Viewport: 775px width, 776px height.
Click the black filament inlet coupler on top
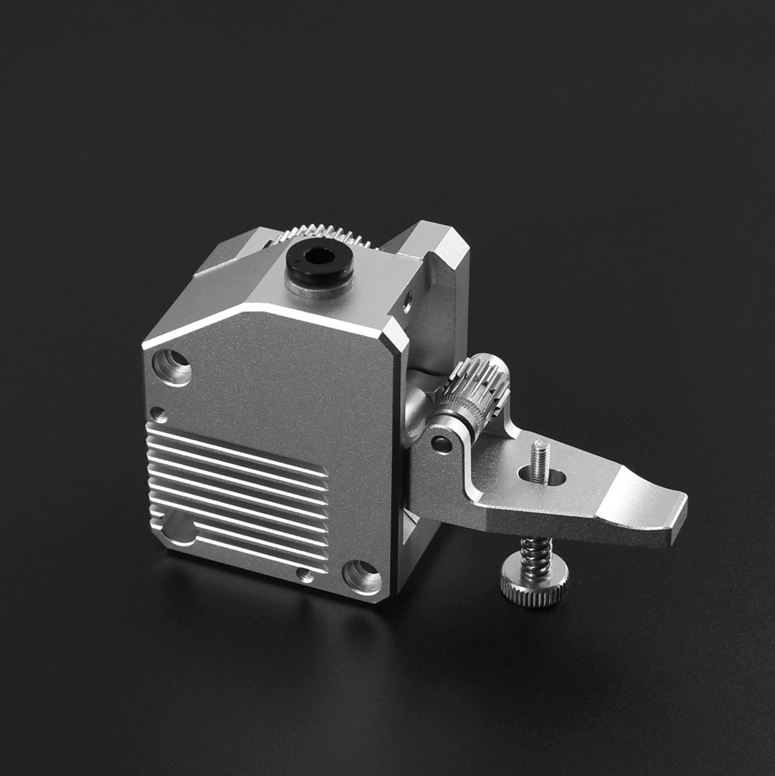[x=319, y=263]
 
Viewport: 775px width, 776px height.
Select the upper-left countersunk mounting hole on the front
[x=171, y=366]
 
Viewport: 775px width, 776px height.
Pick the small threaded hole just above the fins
[x=158, y=414]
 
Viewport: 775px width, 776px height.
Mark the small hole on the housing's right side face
[x=407, y=303]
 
